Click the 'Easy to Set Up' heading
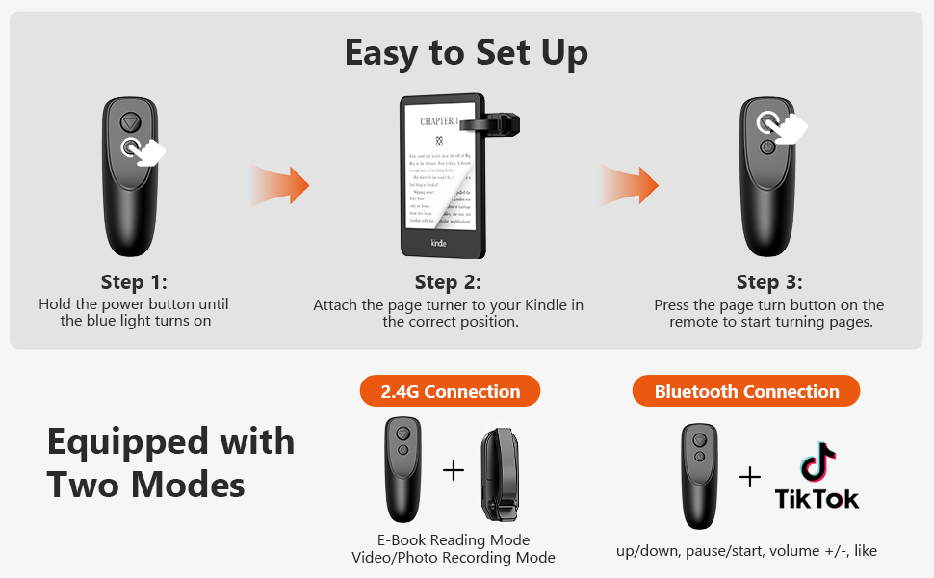point(466,53)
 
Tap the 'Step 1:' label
point(134,282)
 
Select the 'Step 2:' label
point(448,282)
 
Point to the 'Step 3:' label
point(768,282)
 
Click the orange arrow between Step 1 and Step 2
point(280,183)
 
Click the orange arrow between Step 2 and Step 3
point(630,183)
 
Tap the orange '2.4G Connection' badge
point(450,391)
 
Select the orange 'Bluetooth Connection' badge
point(746,391)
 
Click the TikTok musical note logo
point(817,463)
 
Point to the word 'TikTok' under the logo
point(817,498)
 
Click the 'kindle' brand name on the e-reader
point(438,243)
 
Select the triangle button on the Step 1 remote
point(131,123)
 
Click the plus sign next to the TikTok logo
point(749,477)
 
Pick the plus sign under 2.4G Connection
point(453,470)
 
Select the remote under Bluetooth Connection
point(700,474)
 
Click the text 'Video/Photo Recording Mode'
point(453,558)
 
